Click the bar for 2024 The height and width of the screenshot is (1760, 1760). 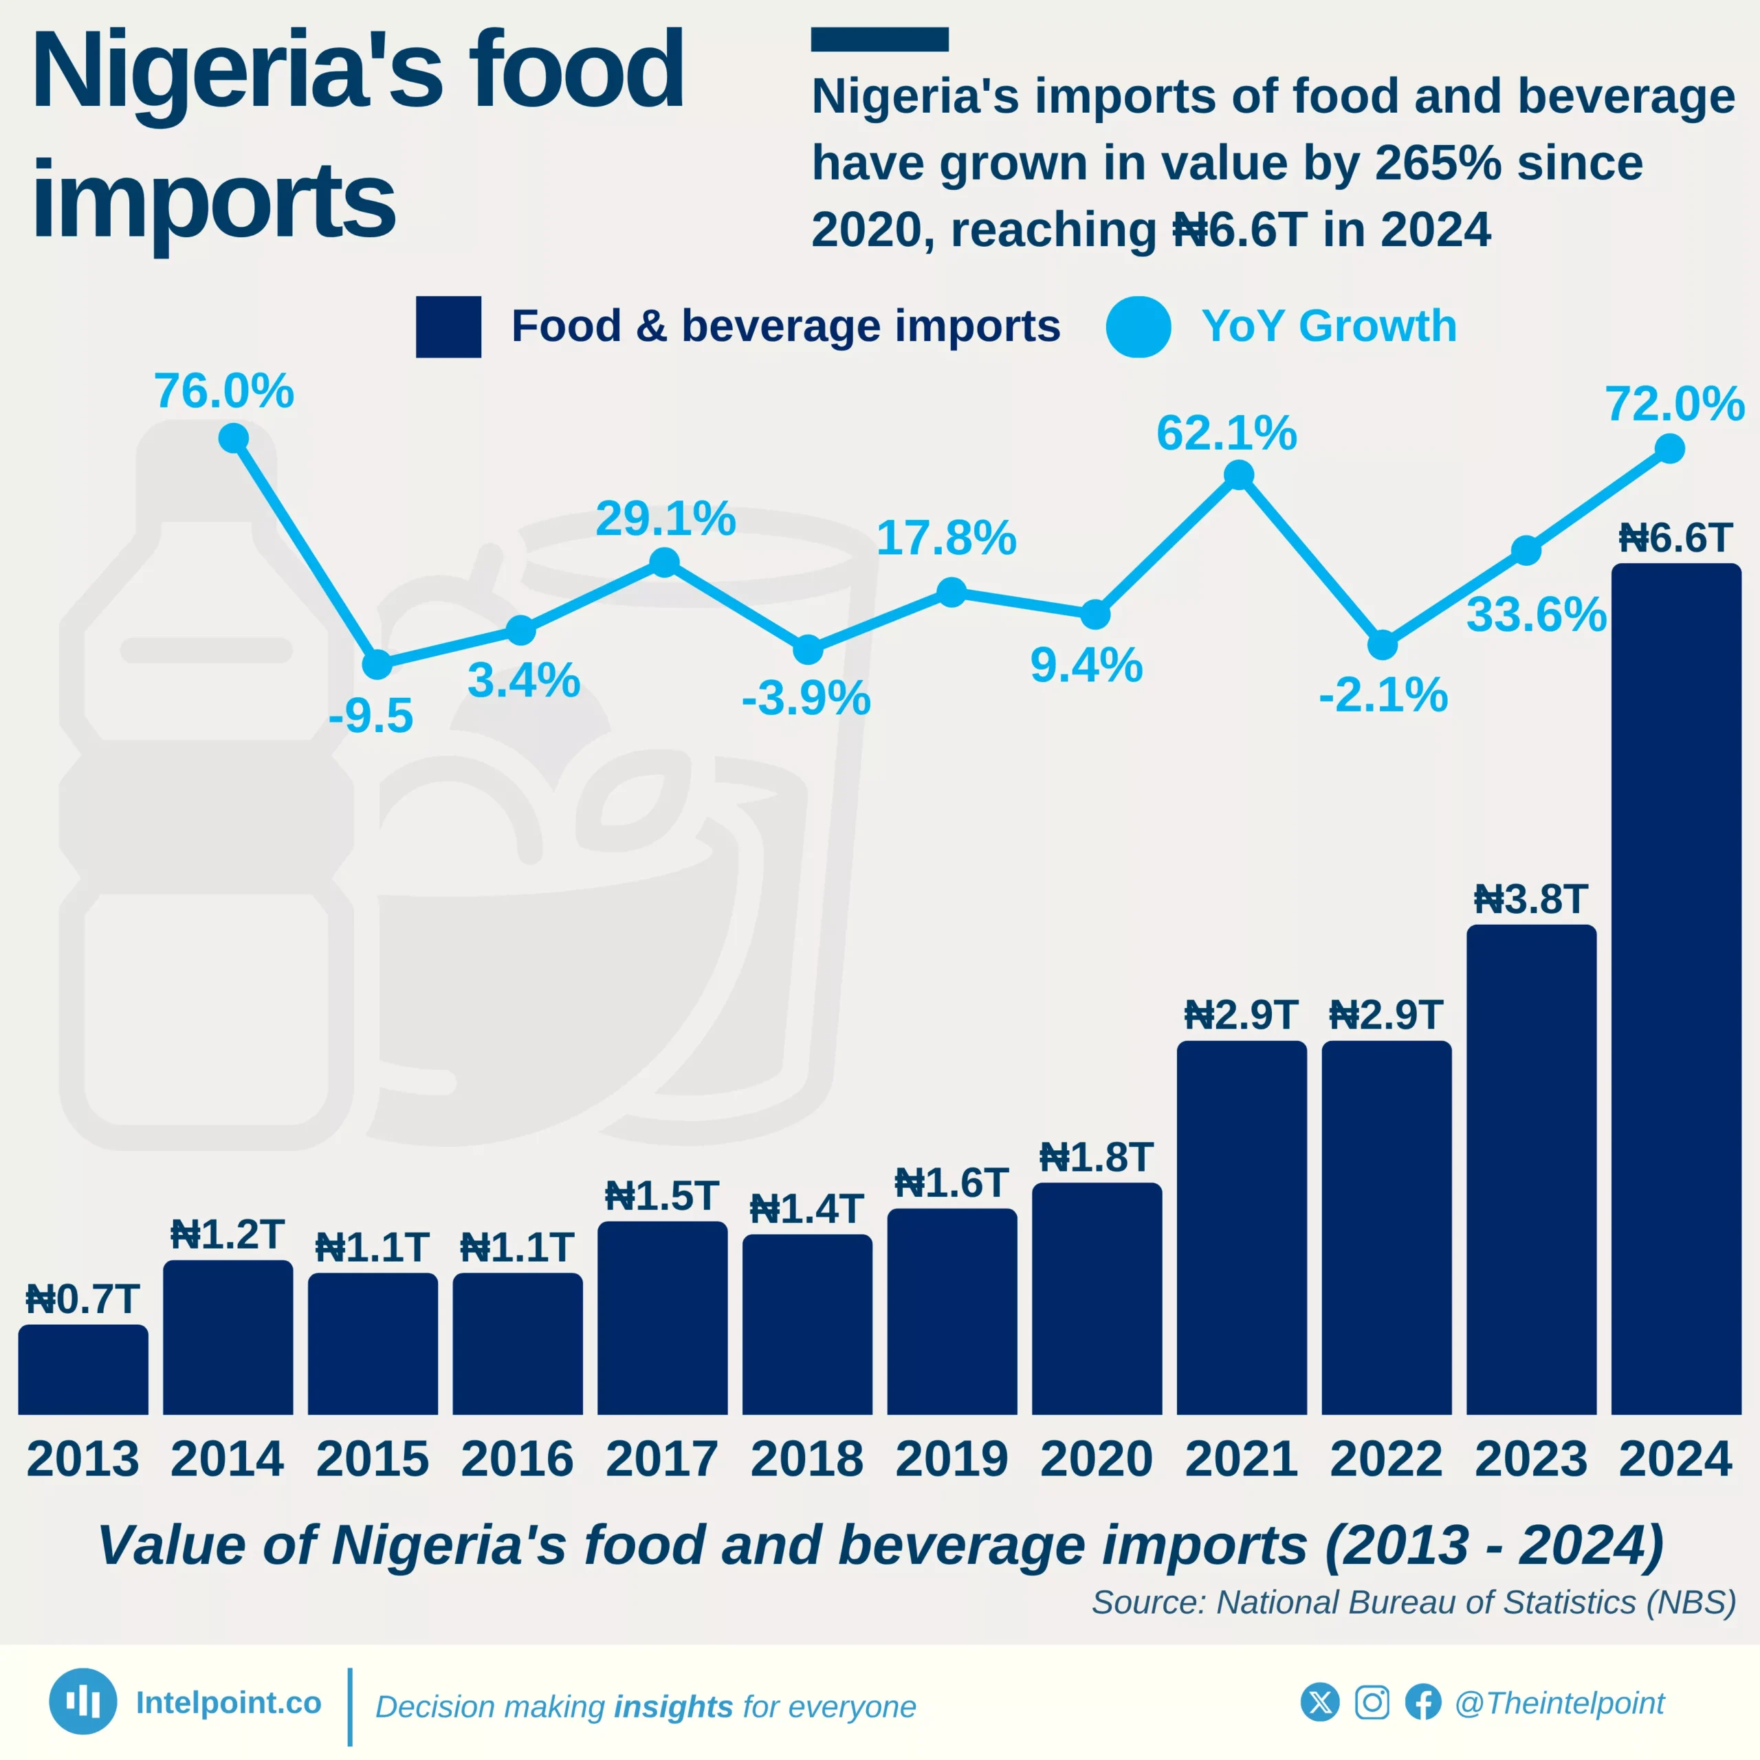tap(1675, 989)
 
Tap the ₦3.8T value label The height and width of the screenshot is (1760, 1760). tap(1530, 900)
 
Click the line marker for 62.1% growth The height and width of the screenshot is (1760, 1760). tap(1238, 474)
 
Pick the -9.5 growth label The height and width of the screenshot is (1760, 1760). tap(371, 715)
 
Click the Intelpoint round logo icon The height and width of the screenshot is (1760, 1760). tap(83, 1701)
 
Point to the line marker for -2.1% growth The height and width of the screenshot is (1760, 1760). tap(1382, 645)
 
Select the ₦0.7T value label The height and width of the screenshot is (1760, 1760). tap(83, 1299)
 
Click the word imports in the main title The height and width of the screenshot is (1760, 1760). tap(213, 201)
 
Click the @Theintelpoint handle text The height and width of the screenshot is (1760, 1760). tap(1559, 1703)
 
